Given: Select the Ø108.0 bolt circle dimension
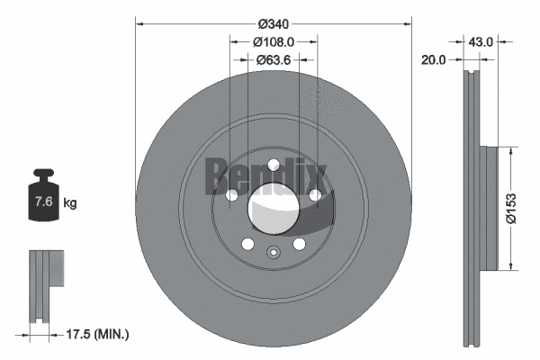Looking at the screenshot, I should pyautogui.click(x=273, y=41).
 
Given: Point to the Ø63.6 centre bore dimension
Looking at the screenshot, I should pyautogui.click(x=273, y=59).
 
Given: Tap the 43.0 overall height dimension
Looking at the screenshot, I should pyautogui.click(x=481, y=41).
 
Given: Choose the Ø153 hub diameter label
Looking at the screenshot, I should pyautogui.click(x=510, y=208).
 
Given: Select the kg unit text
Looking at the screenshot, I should pyautogui.click(x=70, y=203).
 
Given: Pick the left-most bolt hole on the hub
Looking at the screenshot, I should pyautogui.click(x=231, y=195).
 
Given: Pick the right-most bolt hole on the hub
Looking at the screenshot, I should pyautogui.click(x=315, y=195).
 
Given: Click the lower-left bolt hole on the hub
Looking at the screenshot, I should pyautogui.click(x=247, y=244).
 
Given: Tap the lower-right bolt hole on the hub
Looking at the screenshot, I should pyautogui.click(x=299, y=244).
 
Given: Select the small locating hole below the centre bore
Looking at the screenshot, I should pyautogui.click(x=273, y=251).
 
